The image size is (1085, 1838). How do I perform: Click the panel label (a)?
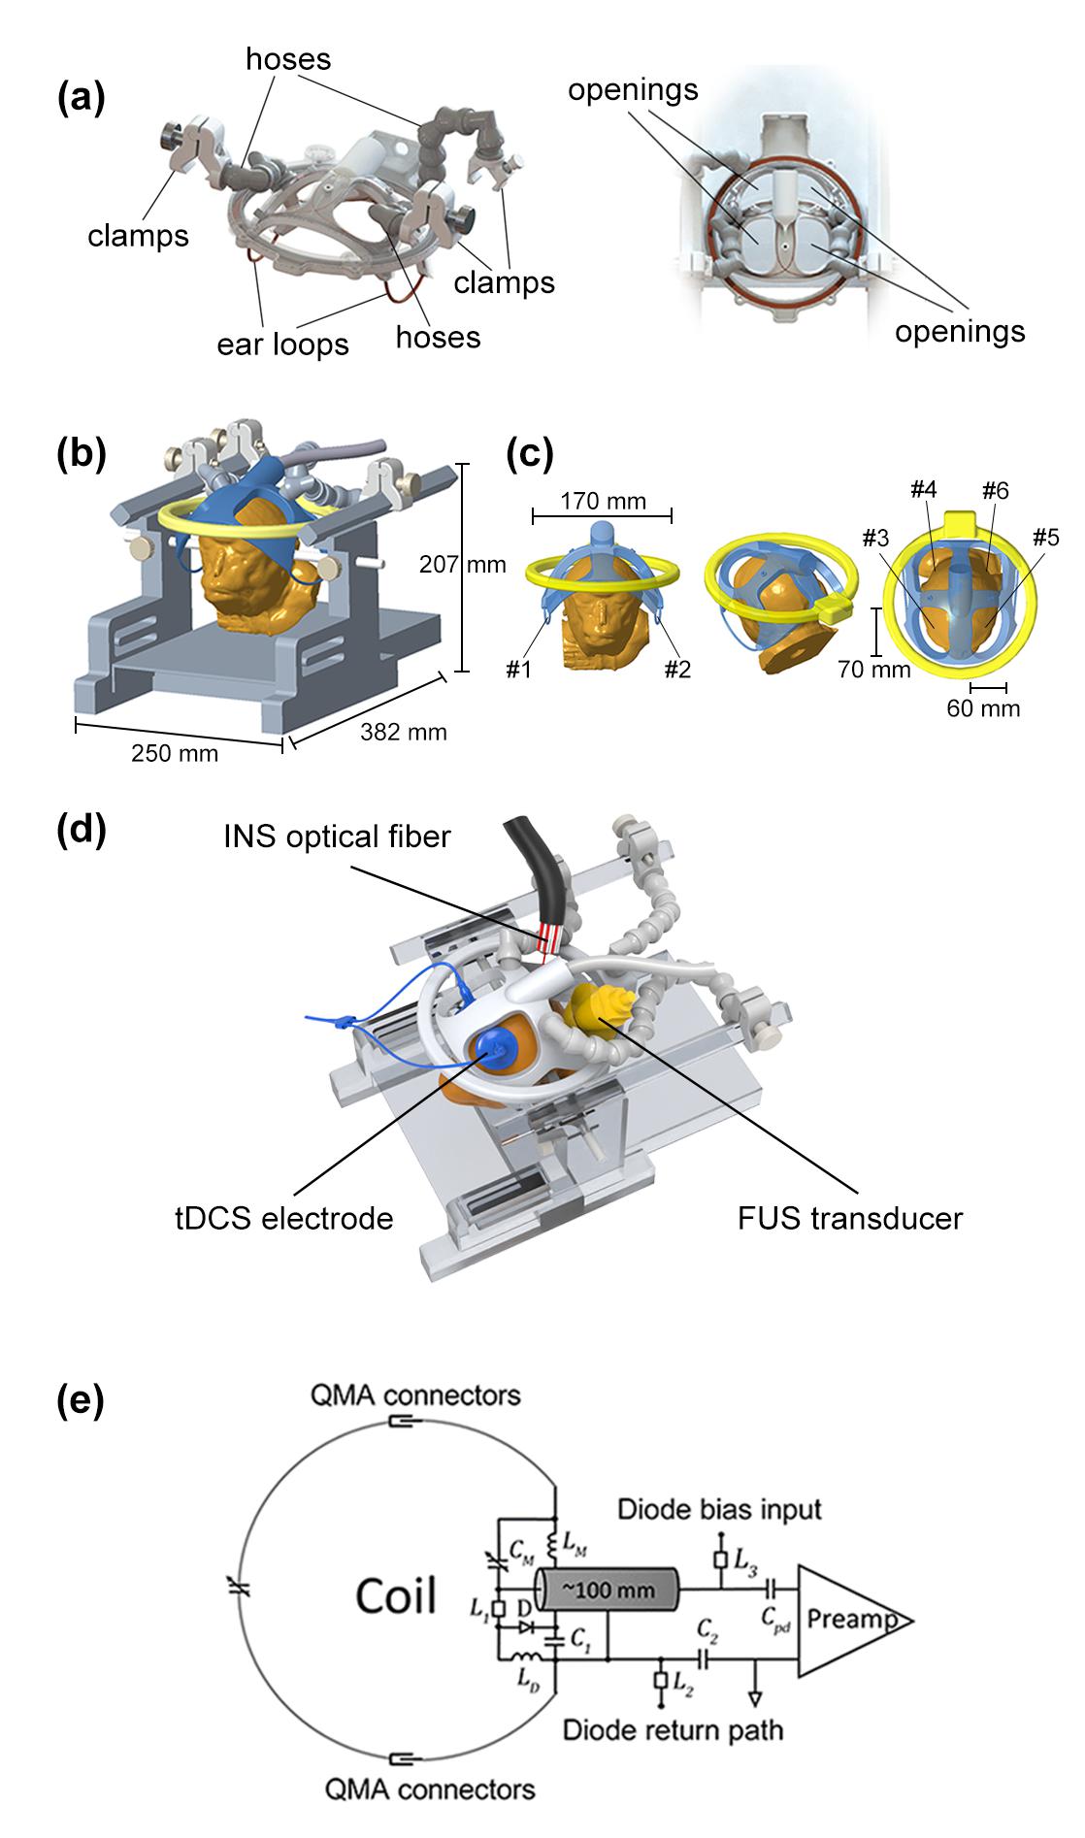[x=82, y=99]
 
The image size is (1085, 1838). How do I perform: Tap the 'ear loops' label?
[x=282, y=344]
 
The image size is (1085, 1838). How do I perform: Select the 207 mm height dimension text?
[x=462, y=563]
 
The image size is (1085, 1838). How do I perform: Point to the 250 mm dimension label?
[x=175, y=752]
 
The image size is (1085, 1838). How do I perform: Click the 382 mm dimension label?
[x=404, y=731]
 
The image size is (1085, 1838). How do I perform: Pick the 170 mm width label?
[x=604, y=501]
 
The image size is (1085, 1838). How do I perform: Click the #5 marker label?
[x=1046, y=537]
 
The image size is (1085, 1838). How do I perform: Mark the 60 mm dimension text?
[x=983, y=707]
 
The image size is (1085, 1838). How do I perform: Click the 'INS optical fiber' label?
[x=337, y=836]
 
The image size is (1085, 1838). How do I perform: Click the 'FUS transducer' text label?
[x=850, y=1217]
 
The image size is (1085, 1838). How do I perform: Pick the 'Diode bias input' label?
[x=720, y=1509]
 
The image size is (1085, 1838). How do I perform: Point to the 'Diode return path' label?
[x=673, y=1728]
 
